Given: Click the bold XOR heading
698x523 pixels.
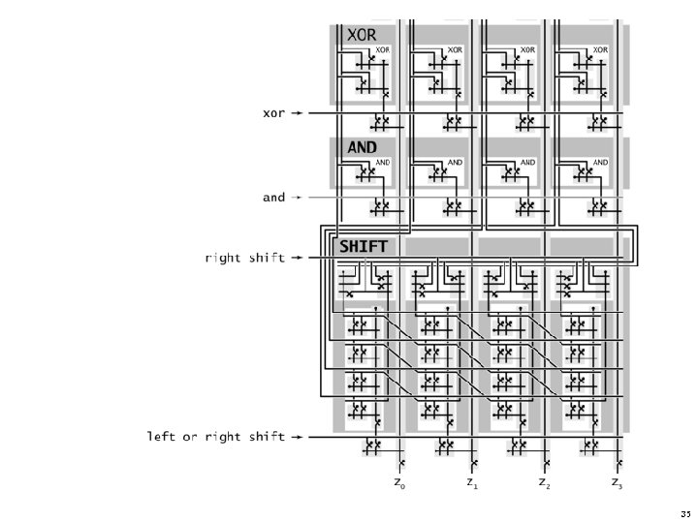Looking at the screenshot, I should pyautogui.click(x=362, y=34).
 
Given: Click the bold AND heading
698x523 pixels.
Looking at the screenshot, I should pyautogui.click(x=362, y=147).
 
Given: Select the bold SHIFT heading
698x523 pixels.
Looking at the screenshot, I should pyautogui.click(x=364, y=247).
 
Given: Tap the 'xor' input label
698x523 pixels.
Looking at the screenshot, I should pyautogui.click(x=274, y=113).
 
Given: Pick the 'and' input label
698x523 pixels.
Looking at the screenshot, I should pyautogui.click(x=274, y=198).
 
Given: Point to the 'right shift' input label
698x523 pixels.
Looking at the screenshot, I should pyautogui.click(x=245, y=259).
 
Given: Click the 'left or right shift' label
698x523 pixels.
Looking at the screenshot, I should pyautogui.click(x=216, y=437).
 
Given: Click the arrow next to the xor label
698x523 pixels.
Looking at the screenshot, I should pyautogui.click(x=298, y=113).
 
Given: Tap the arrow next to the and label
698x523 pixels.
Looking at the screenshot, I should pyautogui.click(x=298, y=198).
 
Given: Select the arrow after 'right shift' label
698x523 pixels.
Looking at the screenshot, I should pyautogui.click(x=298, y=259).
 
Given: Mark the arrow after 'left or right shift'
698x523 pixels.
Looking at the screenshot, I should pyautogui.click(x=298, y=437).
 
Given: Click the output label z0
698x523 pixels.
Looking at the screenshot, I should pyautogui.click(x=398, y=481).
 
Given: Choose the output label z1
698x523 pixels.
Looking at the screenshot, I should pyautogui.click(x=471, y=481).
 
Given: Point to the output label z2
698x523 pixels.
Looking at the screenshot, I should pyautogui.click(x=544, y=481).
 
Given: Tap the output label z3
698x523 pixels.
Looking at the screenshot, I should pyautogui.click(x=617, y=481).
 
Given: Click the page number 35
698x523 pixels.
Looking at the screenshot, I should pyautogui.click(x=685, y=512).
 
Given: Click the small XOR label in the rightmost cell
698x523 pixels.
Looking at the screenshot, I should pyautogui.click(x=600, y=49).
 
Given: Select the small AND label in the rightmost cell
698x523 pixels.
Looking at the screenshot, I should pyautogui.click(x=600, y=163).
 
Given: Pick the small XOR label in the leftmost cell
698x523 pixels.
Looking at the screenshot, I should pyautogui.click(x=383, y=49).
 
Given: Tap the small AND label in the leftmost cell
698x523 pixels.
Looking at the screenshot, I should pyautogui.click(x=383, y=163).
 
